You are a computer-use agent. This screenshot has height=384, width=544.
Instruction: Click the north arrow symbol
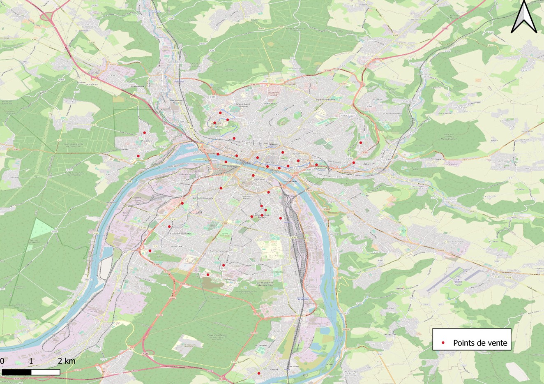(x=523, y=17)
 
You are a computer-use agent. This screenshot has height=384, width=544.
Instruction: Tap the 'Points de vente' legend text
(x=480, y=343)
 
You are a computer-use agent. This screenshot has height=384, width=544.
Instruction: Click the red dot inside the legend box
(x=443, y=342)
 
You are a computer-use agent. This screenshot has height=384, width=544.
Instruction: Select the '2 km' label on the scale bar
(x=67, y=361)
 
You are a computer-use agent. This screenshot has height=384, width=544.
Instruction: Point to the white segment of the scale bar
(x=46, y=372)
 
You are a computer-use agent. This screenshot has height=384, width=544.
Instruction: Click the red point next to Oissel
(x=259, y=373)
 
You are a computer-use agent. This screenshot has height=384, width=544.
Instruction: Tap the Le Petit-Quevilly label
(x=202, y=198)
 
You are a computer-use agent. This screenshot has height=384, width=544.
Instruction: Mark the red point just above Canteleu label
(x=144, y=133)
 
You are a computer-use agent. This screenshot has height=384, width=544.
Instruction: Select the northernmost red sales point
(x=220, y=113)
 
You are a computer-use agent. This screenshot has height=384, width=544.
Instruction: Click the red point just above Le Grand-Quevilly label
(x=169, y=227)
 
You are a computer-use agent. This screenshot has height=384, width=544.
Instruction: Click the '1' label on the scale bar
(x=31, y=361)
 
